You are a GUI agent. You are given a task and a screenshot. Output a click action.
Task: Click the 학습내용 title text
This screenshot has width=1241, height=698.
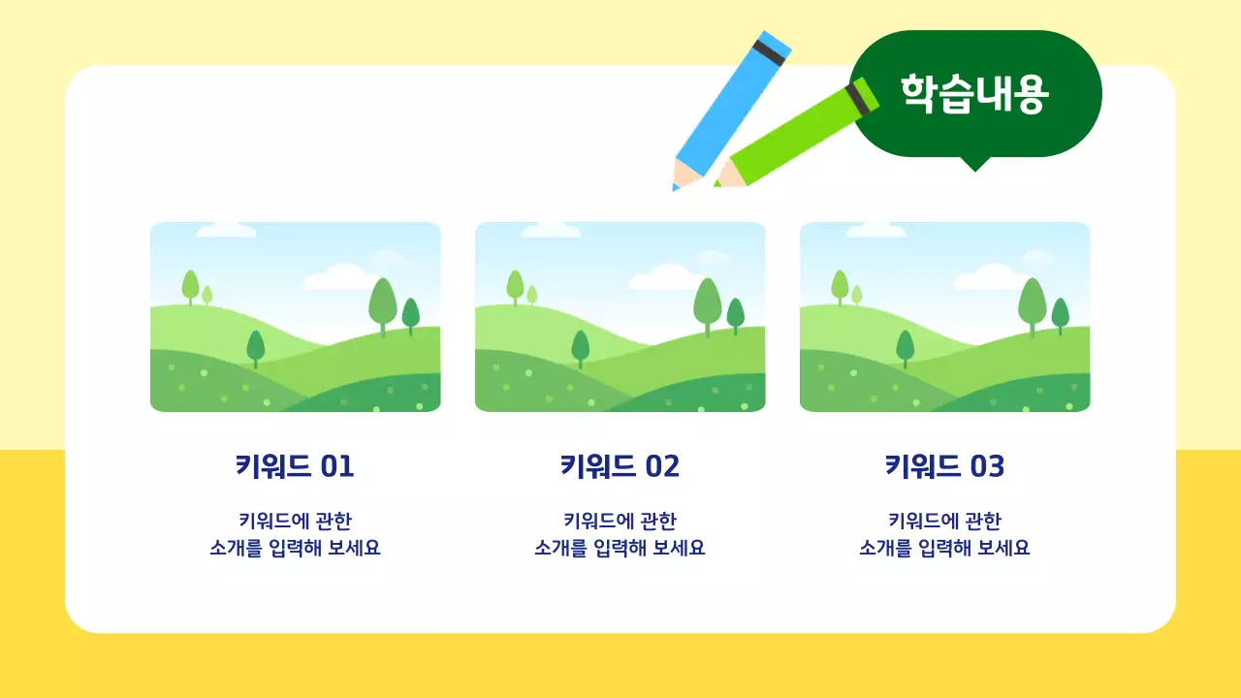[974, 93]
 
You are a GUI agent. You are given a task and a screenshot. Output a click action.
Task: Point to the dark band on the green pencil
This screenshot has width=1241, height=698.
[860, 98]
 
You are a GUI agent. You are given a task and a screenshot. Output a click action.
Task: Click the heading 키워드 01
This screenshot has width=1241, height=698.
[295, 466]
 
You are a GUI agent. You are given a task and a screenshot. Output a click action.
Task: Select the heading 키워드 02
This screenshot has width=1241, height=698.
[620, 466]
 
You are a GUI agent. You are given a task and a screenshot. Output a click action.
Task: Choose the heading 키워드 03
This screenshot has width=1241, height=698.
[944, 466]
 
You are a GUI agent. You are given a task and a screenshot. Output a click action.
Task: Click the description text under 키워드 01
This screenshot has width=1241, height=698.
[295, 534]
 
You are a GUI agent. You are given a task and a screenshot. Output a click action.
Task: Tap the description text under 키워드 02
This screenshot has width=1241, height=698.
[620, 534]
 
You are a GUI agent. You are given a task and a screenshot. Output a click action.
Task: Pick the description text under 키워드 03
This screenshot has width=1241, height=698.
[944, 534]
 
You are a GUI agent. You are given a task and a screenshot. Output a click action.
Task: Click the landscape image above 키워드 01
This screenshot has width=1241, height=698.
[295, 317]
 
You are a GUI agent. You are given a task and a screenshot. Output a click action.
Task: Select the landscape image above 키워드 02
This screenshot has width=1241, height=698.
[620, 317]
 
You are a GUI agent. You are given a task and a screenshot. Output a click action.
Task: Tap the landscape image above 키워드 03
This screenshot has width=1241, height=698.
[944, 317]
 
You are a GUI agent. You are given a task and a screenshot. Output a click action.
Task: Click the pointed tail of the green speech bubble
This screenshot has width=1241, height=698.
[974, 165]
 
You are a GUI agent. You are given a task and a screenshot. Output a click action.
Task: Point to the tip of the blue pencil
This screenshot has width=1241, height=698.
[676, 186]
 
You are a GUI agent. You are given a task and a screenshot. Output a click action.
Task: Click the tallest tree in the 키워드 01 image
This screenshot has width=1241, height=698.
[382, 302]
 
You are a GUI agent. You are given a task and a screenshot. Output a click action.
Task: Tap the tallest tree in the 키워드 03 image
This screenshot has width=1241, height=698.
[1032, 302]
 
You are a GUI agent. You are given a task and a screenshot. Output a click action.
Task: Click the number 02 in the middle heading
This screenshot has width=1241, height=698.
[662, 466]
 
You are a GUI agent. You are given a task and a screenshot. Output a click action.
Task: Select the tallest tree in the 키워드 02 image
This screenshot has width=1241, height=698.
[707, 302]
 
